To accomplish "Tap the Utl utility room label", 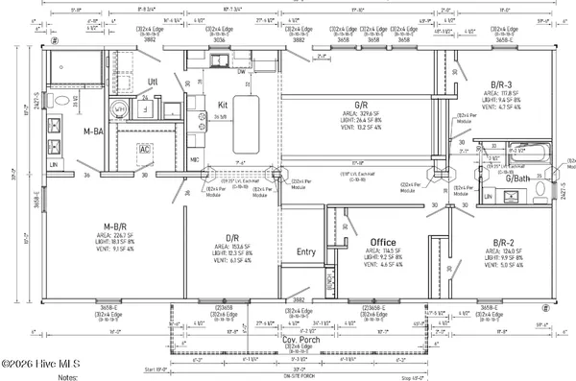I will pos(152,83).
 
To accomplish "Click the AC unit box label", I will pos(146,150).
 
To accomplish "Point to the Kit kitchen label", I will pos(222,104).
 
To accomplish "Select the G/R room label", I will pos(362,104).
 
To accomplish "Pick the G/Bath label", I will pos(519,179).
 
